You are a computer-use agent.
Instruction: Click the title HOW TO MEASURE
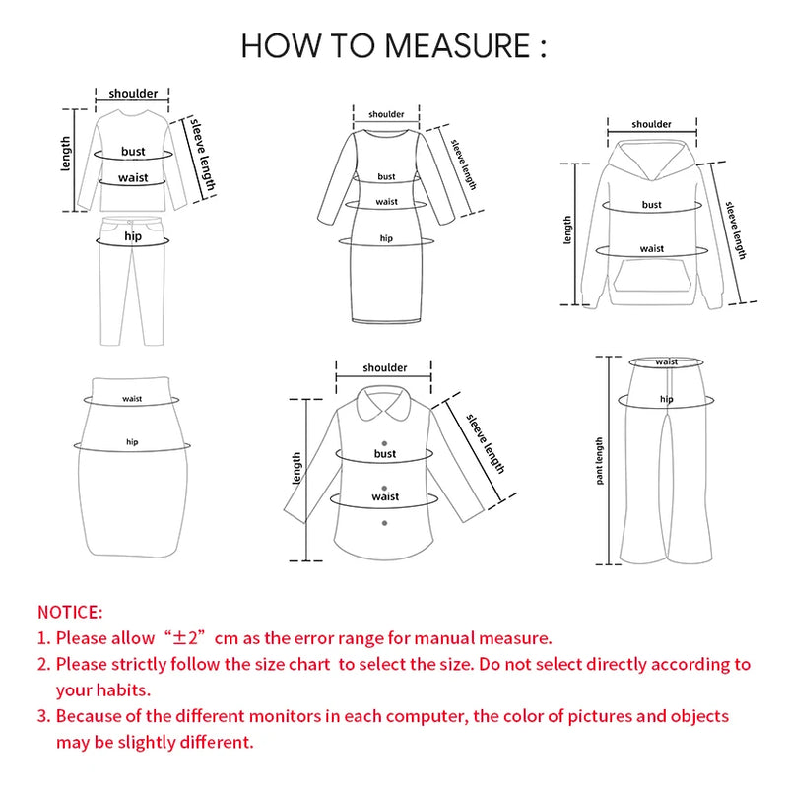tap(393, 45)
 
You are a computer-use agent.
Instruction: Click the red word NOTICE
tap(70, 613)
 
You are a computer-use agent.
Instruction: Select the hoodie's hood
tap(652, 158)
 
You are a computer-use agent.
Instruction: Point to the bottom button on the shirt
tap(385, 522)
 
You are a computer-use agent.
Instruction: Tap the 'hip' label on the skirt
tap(132, 442)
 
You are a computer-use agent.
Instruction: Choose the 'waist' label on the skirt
tap(132, 399)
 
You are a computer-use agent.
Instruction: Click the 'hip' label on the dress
tap(386, 238)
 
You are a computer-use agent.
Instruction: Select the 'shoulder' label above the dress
tap(386, 114)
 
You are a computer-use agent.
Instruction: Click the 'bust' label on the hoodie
tap(652, 205)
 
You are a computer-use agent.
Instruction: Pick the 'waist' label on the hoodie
tap(652, 249)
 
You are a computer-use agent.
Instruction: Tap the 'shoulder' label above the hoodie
tap(652, 124)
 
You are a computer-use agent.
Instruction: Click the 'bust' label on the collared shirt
tap(385, 453)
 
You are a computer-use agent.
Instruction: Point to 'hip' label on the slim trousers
tap(132, 237)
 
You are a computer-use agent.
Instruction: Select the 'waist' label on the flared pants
tap(667, 361)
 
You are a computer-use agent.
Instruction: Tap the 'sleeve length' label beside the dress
tap(464, 164)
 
